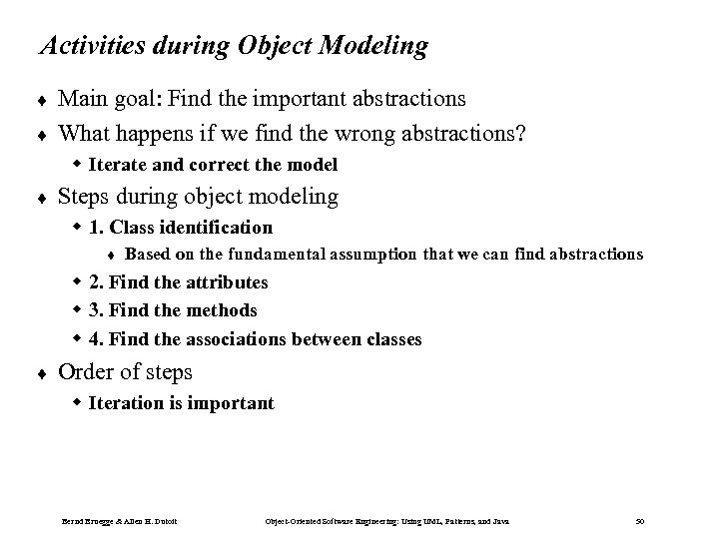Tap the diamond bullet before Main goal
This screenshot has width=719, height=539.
point(40,100)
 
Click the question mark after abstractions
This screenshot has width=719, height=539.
point(521,133)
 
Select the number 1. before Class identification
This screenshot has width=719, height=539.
point(98,228)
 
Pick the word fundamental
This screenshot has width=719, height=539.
point(266,255)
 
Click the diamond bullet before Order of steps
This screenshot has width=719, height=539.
point(40,373)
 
